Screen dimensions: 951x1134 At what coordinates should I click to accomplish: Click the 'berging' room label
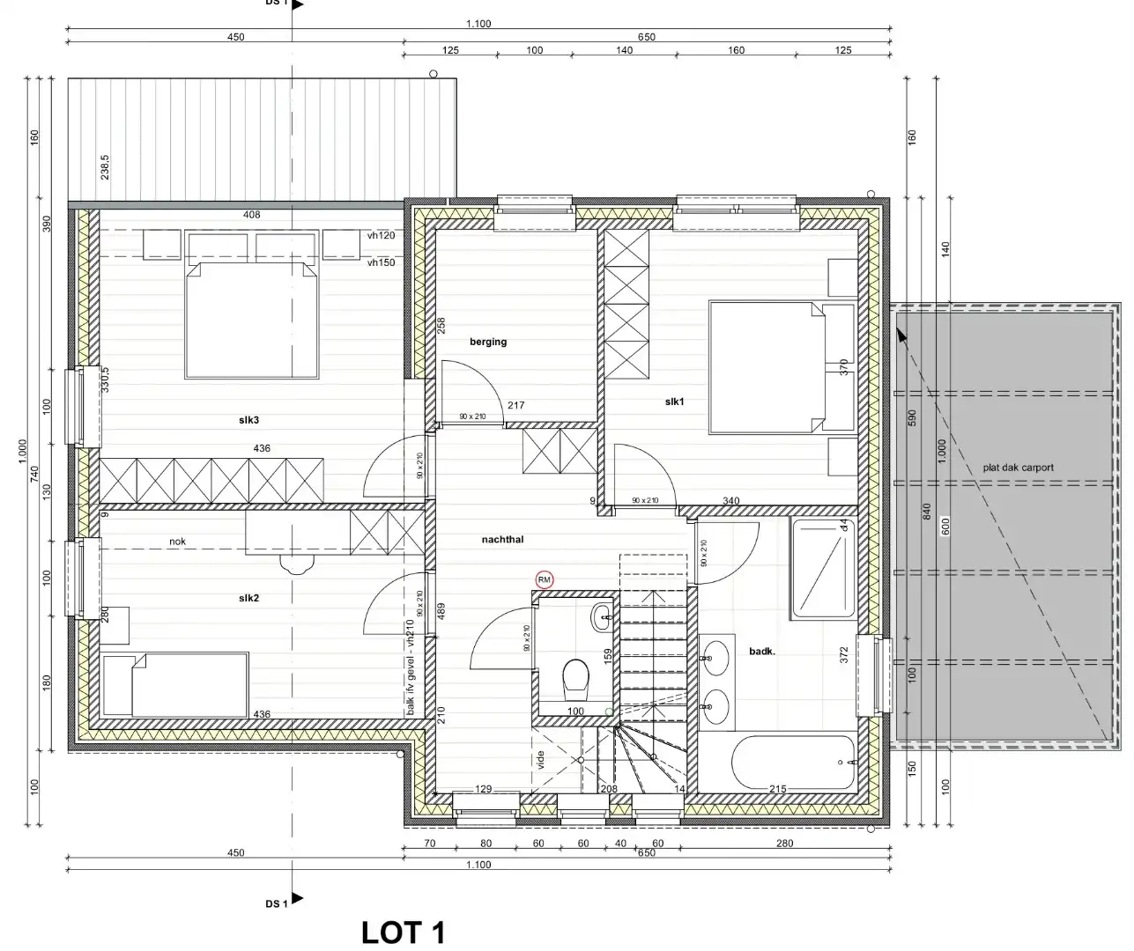point(488,342)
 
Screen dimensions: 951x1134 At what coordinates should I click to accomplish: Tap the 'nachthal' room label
point(502,539)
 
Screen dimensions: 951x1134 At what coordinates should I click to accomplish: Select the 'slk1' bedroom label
point(675,402)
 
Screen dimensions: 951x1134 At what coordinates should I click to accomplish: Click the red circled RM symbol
point(545,579)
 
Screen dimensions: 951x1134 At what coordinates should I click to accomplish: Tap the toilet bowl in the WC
point(576,676)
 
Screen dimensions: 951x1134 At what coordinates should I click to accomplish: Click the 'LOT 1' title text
point(404,932)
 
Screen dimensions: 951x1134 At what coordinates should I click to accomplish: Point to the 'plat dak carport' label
point(1018,468)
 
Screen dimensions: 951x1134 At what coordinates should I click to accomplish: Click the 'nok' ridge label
point(179,542)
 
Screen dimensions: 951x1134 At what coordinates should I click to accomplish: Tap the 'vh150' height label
point(382,262)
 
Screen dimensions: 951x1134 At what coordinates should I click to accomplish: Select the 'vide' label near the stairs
point(541,760)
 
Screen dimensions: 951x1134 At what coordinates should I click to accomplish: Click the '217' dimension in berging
point(516,406)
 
